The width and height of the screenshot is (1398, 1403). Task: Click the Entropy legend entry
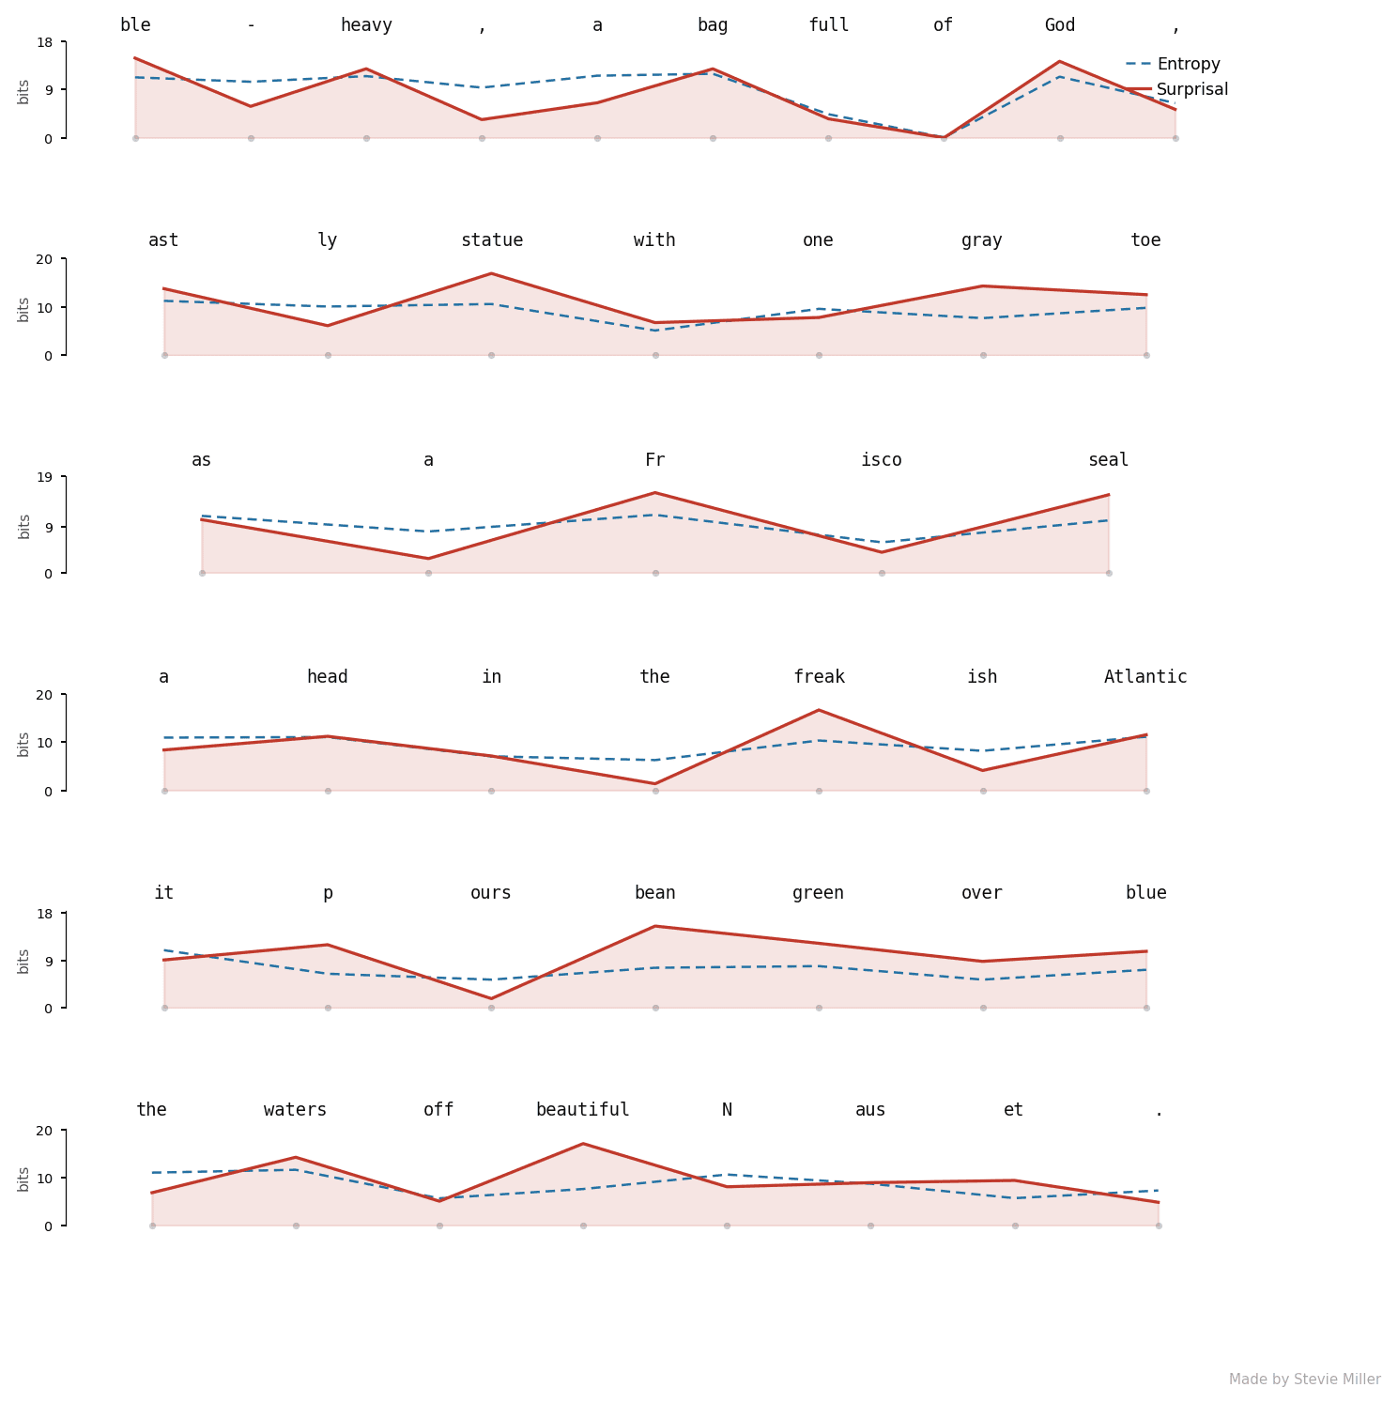coord(1173,64)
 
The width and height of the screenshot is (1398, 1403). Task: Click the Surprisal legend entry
coord(1176,89)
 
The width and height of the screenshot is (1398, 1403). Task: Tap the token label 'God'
coord(1060,25)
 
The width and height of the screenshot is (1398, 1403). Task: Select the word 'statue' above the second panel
coord(491,240)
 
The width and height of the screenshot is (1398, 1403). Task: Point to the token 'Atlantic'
coord(1145,677)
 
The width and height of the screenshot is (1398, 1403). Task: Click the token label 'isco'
coord(882,460)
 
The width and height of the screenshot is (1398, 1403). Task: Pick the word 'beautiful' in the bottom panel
coord(583,1110)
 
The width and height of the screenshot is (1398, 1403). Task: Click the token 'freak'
coord(819,677)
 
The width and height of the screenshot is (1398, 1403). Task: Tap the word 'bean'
coord(654,893)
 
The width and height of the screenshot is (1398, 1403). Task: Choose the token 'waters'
coord(296,1110)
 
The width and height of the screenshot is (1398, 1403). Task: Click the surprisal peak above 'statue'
coord(491,273)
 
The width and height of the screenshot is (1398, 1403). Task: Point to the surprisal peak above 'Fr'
coord(654,492)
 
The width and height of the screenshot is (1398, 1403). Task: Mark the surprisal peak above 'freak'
coord(819,710)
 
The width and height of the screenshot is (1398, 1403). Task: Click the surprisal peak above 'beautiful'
coord(583,1143)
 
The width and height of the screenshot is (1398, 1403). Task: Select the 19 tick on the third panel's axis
coord(48,477)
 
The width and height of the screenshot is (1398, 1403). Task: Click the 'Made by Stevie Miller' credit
coord(1305,1380)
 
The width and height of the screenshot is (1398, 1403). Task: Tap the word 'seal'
coord(1108,460)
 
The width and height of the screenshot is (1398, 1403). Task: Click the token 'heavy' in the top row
coord(366,25)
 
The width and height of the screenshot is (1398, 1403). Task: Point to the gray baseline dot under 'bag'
coord(713,138)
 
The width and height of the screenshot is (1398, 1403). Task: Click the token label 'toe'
coord(1145,240)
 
